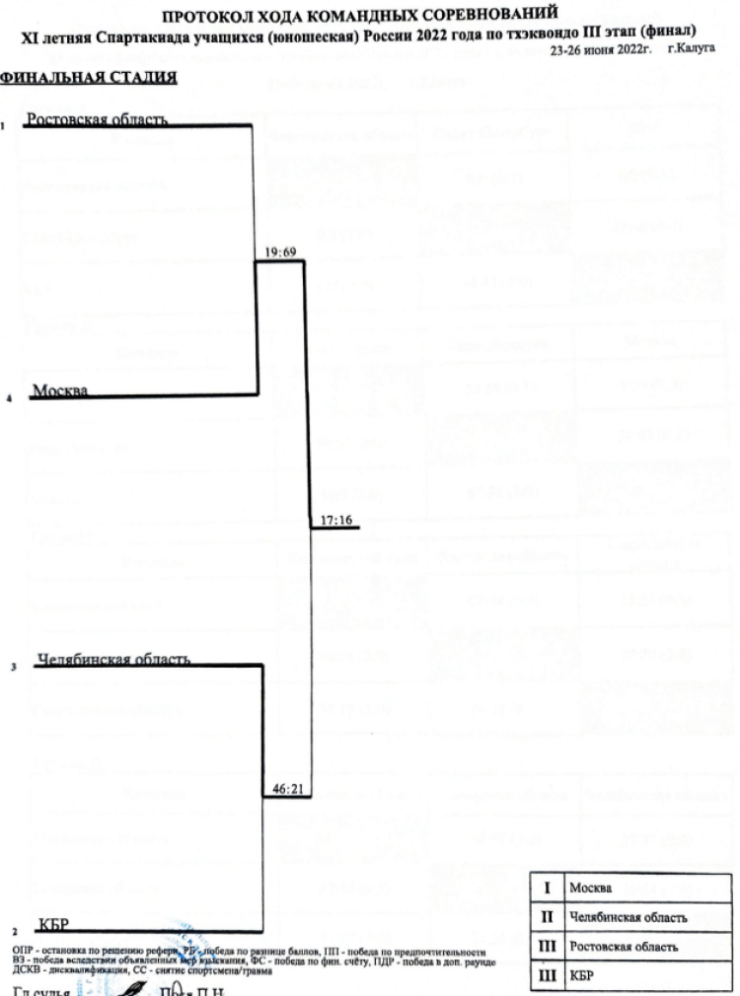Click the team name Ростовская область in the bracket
click(97, 119)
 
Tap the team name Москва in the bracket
click(60, 391)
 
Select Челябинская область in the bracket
click(113, 659)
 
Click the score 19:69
click(281, 252)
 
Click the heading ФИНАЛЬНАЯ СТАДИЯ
click(89, 77)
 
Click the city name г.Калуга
click(691, 47)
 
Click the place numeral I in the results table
click(547, 888)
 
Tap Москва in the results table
click(591, 888)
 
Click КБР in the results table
click(584, 976)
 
